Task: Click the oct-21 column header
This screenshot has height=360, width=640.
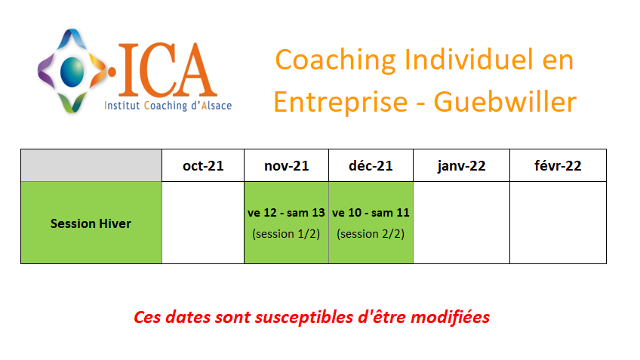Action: click(203, 166)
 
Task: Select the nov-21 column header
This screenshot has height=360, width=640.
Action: click(287, 166)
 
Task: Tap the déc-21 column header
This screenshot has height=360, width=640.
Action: click(371, 166)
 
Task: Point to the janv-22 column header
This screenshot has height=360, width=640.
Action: click(461, 166)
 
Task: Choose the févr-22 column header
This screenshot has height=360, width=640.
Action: click(558, 166)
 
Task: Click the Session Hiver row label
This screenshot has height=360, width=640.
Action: click(91, 223)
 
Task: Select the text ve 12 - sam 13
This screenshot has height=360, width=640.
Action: click(286, 213)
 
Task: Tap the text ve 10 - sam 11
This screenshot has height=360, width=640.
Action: click(371, 213)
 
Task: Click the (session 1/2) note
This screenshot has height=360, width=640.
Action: click(286, 234)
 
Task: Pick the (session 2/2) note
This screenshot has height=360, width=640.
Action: click(371, 234)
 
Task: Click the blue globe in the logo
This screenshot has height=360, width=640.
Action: click(72, 72)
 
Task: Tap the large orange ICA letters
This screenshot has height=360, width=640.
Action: click(167, 69)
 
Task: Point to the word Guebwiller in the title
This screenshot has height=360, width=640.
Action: click(505, 102)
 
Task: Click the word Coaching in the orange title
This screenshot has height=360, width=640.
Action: click(336, 60)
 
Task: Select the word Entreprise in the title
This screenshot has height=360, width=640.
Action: click(340, 103)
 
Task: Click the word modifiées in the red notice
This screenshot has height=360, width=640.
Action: click(451, 317)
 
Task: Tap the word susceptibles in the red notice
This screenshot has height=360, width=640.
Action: click(304, 318)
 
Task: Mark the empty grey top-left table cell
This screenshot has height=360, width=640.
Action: click(91, 165)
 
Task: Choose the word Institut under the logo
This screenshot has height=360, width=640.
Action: click(122, 106)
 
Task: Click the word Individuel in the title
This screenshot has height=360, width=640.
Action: click(469, 60)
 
